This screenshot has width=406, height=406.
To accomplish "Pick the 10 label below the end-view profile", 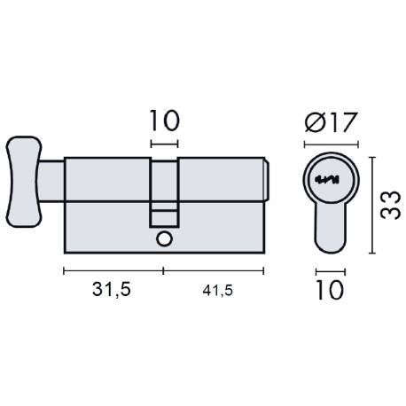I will point(330,291).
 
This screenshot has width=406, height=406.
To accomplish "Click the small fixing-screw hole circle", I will point(163,239).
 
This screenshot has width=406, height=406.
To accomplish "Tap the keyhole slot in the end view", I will point(330,181).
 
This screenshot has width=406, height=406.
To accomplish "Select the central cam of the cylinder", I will point(164,191).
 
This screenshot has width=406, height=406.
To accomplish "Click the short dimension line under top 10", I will point(164,143).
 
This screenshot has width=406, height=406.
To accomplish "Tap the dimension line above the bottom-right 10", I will point(330,270).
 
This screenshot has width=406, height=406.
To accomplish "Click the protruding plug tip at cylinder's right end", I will point(269,182).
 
